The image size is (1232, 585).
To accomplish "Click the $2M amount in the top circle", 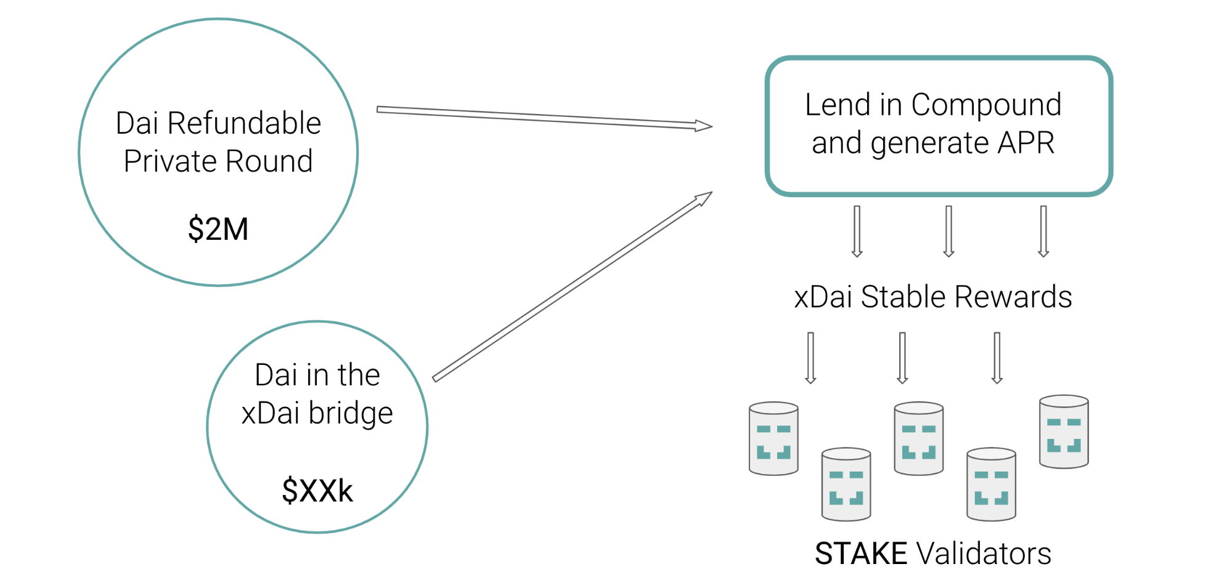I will coord(218,229).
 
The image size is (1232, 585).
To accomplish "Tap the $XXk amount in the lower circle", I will coord(317,491).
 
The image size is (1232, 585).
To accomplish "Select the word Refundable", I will coord(244,123).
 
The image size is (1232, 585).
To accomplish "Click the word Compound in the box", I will coord(986,105).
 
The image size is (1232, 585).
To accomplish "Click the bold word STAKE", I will coord(860,553).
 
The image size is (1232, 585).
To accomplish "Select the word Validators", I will coord(984,553).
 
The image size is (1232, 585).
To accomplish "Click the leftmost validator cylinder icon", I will coord(773,438).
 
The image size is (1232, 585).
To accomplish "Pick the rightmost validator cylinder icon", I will coord(1064,432).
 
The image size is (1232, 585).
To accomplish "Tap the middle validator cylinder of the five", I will coord(918,438).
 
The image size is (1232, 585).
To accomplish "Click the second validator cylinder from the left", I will coord(846,484).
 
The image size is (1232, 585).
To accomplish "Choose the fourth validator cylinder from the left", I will coord(991,484).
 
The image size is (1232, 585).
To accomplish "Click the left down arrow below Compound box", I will coord(857,231).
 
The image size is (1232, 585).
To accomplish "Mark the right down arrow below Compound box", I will coord(1043,231).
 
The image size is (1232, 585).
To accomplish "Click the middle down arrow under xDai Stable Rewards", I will coord(902,358).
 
